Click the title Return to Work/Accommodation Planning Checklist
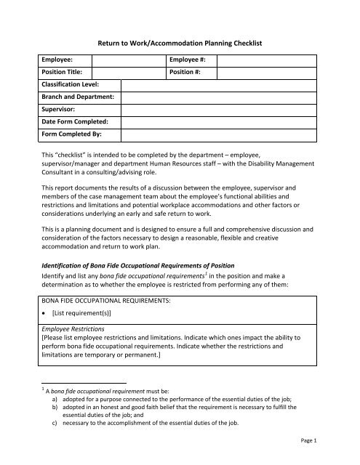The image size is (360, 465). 179,45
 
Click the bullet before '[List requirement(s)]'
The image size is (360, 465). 47,332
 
